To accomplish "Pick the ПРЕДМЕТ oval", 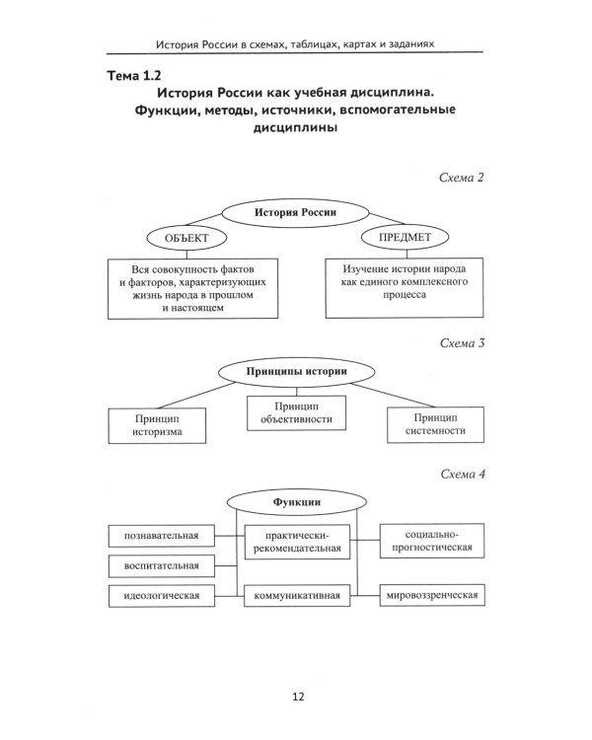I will coord(405,237).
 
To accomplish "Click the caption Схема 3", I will coord(461,343).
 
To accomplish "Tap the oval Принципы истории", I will coord(295,373).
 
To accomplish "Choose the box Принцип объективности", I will coord(297,412).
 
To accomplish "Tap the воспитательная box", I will coord(155,566).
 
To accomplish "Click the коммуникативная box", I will coord(297,596).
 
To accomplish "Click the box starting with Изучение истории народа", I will coord(406,286).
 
